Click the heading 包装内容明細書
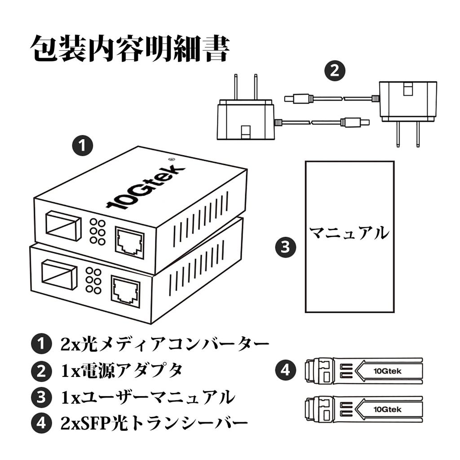(x=130, y=48)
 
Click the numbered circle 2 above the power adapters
(x=335, y=71)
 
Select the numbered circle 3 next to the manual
(x=285, y=247)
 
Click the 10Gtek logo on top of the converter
(x=146, y=186)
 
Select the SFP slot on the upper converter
(x=63, y=225)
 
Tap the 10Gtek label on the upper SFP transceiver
(x=387, y=371)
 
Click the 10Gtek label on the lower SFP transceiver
(x=387, y=409)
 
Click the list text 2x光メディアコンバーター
(x=164, y=345)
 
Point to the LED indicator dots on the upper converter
(x=97, y=232)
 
